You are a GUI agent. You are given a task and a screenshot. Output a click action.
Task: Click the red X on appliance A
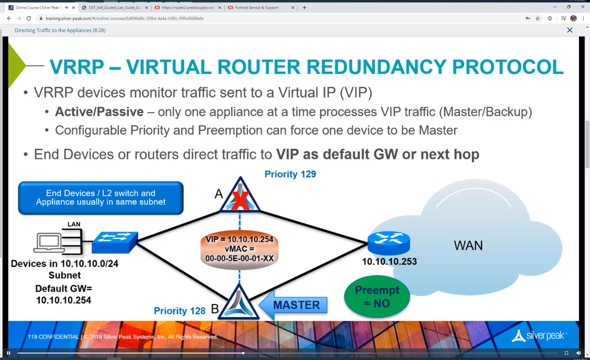(x=240, y=200)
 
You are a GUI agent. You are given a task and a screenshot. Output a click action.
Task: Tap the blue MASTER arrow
(x=294, y=305)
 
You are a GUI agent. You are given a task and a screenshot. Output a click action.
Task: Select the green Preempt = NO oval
(x=377, y=296)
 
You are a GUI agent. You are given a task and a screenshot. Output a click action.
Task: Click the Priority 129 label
(x=290, y=174)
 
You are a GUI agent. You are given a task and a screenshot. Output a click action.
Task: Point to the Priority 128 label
(x=180, y=311)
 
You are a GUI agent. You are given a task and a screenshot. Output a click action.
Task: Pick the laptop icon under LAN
(x=49, y=242)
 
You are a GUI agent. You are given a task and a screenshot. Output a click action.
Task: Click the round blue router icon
(x=389, y=243)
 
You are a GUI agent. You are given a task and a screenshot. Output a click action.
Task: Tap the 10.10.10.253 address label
(x=389, y=261)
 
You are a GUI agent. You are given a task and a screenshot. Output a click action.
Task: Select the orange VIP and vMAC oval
(x=239, y=249)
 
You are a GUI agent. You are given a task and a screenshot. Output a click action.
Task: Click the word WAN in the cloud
(x=468, y=245)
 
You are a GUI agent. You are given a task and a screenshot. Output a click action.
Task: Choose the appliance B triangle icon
(x=239, y=303)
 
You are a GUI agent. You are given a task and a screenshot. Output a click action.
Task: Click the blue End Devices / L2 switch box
(x=101, y=198)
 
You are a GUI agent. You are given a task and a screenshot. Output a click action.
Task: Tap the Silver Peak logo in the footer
(x=539, y=336)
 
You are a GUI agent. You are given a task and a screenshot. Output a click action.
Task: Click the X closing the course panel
(x=570, y=30)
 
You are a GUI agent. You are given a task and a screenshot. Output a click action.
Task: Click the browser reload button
(x=29, y=18)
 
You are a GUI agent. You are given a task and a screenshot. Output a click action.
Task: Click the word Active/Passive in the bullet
(x=99, y=112)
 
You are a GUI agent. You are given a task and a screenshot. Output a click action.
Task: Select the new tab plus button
(x=304, y=8)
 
